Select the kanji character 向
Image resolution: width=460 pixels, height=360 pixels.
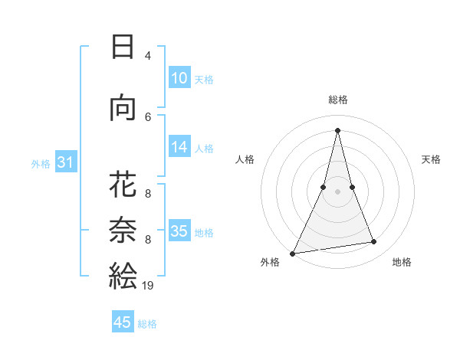point(123,110)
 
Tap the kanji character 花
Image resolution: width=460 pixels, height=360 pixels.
point(123,186)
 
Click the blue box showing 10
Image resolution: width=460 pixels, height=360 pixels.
point(179,78)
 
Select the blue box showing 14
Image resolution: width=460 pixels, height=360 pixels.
point(179,148)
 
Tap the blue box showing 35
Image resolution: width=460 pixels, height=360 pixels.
point(179,231)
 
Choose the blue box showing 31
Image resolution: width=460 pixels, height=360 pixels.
point(65,162)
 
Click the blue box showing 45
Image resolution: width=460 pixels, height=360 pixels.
point(123,322)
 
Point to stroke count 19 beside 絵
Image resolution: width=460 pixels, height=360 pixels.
point(148,286)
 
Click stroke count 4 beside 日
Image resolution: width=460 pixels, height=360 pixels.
point(148,56)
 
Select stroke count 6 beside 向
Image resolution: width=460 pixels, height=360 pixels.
point(148,116)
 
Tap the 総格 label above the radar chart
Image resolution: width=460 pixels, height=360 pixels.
point(337,100)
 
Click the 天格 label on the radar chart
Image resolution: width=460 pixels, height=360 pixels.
point(432,159)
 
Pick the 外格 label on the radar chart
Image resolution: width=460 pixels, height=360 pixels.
point(270,262)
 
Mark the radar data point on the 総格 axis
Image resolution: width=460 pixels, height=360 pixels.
point(337,130)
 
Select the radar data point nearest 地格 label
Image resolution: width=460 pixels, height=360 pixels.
point(374,242)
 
